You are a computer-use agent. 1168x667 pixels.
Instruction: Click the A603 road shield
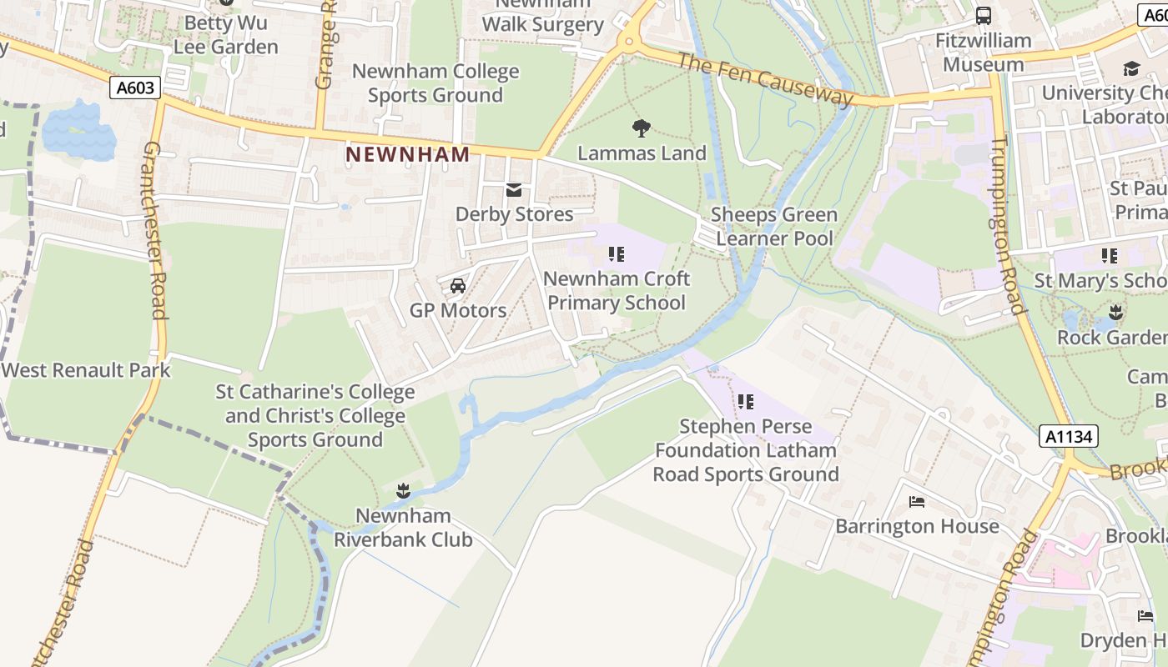[x=134, y=88]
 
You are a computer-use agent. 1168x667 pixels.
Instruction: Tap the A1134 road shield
[x=1069, y=436]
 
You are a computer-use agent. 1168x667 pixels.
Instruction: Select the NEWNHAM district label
[x=408, y=154]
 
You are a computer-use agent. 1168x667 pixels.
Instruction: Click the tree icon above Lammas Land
[x=641, y=128]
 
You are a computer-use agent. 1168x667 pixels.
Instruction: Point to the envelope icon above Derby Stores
[x=514, y=191]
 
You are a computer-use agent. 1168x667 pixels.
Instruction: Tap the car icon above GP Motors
[x=457, y=286]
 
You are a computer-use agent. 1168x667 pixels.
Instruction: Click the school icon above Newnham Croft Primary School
[x=617, y=254]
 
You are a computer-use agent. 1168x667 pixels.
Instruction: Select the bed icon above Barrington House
[x=917, y=502]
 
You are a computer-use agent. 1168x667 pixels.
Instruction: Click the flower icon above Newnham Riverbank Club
[x=403, y=491]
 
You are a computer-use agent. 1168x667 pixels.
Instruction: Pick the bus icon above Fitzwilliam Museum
[x=984, y=15]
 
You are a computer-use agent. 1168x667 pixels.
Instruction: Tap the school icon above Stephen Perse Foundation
[x=745, y=402]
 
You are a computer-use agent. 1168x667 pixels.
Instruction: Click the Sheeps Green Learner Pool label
[x=774, y=227]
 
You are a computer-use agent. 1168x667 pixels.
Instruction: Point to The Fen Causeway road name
[x=765, y=80]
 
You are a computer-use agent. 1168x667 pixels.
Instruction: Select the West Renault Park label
[x=86, y=370]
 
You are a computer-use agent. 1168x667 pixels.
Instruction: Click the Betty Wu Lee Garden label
[x=225, y=34]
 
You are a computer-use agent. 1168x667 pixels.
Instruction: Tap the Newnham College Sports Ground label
[x=435, y=83]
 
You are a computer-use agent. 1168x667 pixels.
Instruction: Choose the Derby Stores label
[x=514, y=214]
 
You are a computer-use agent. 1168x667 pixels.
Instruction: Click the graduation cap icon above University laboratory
[x=1131, y=68]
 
